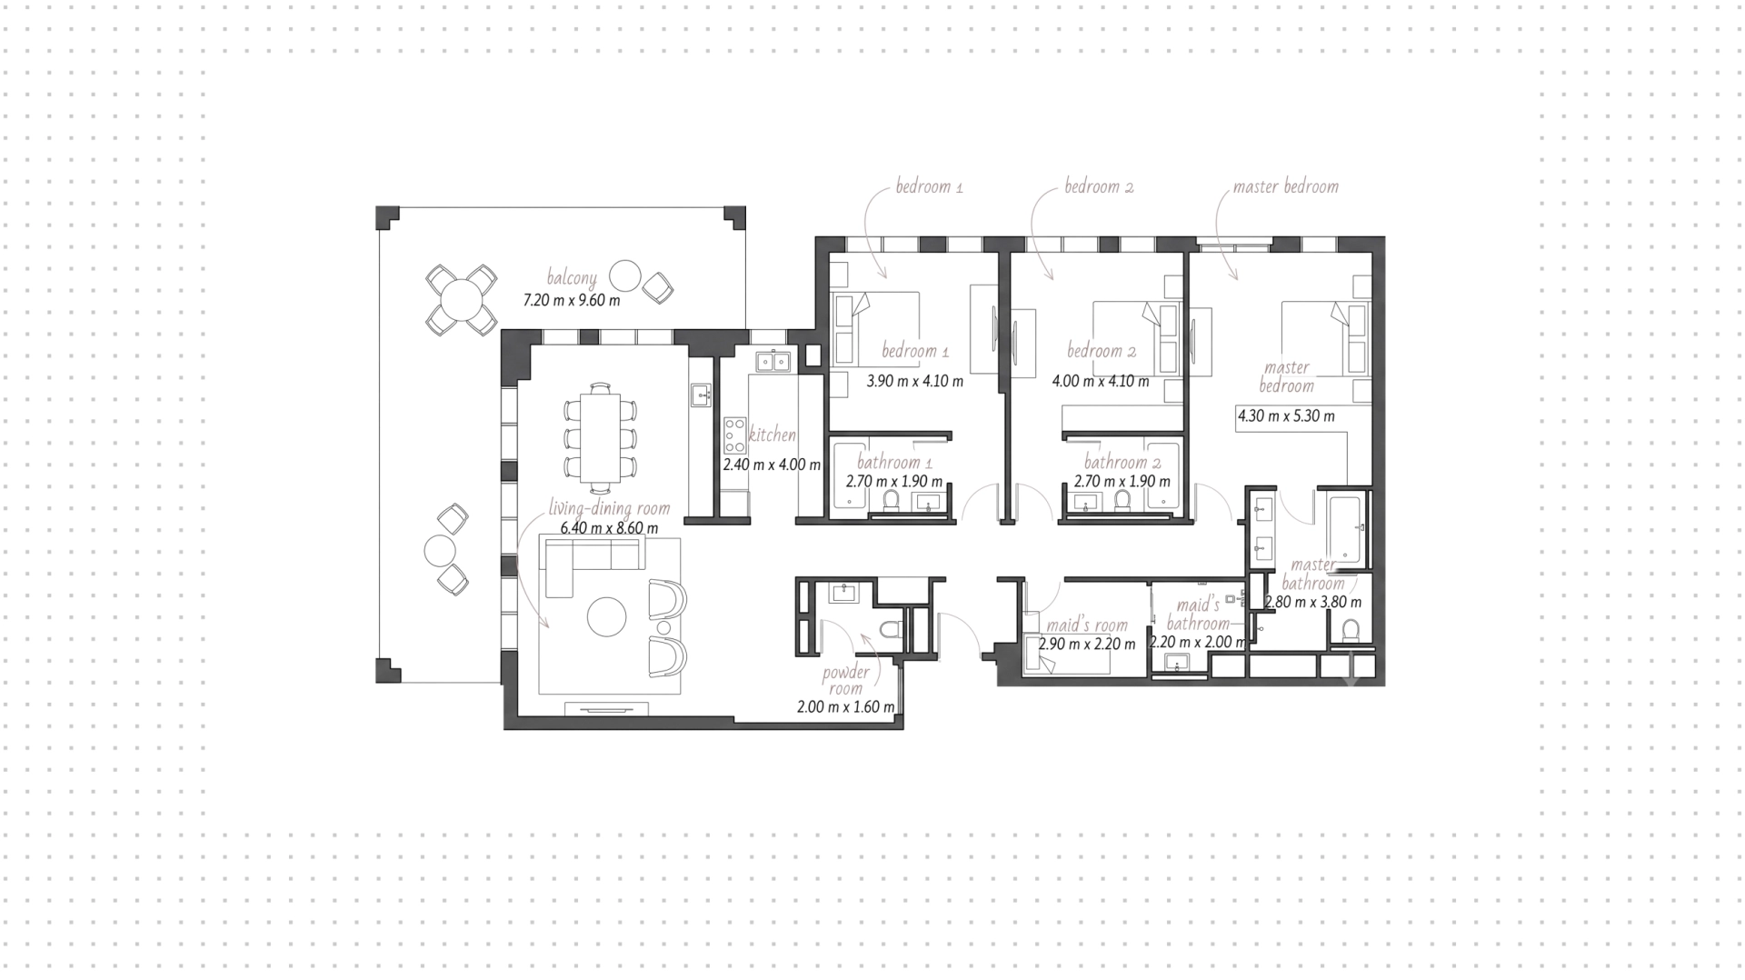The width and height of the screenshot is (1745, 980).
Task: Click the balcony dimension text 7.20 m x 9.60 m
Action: (x=572, y=300)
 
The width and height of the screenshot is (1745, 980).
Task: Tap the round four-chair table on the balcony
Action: (x=462, y=299)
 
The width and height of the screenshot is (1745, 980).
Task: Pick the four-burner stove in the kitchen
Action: (x=734, y=435)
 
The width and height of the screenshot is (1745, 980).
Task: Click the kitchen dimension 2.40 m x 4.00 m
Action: (x=772, y=465)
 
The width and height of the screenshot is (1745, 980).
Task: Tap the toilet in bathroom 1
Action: (x=891, y=500)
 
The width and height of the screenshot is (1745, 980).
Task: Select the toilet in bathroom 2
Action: (x=1122, y=500)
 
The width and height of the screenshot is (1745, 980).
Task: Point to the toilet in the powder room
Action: (x=891, y=629)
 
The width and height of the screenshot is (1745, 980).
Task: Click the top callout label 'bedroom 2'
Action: (x=1099, y=186)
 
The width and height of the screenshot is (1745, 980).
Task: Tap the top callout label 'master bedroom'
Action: (x=1285, y=186)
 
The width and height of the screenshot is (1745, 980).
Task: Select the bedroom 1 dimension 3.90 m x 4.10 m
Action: (x=914, y=381)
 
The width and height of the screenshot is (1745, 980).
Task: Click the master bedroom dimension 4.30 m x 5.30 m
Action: (x=1286, y=416)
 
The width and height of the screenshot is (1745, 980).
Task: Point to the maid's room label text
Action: (x=1087, y=625)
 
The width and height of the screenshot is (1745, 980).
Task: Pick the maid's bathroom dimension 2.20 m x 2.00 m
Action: (x=1198, y=642)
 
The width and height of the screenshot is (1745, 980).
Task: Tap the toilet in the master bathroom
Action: (x=1351, y=631)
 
